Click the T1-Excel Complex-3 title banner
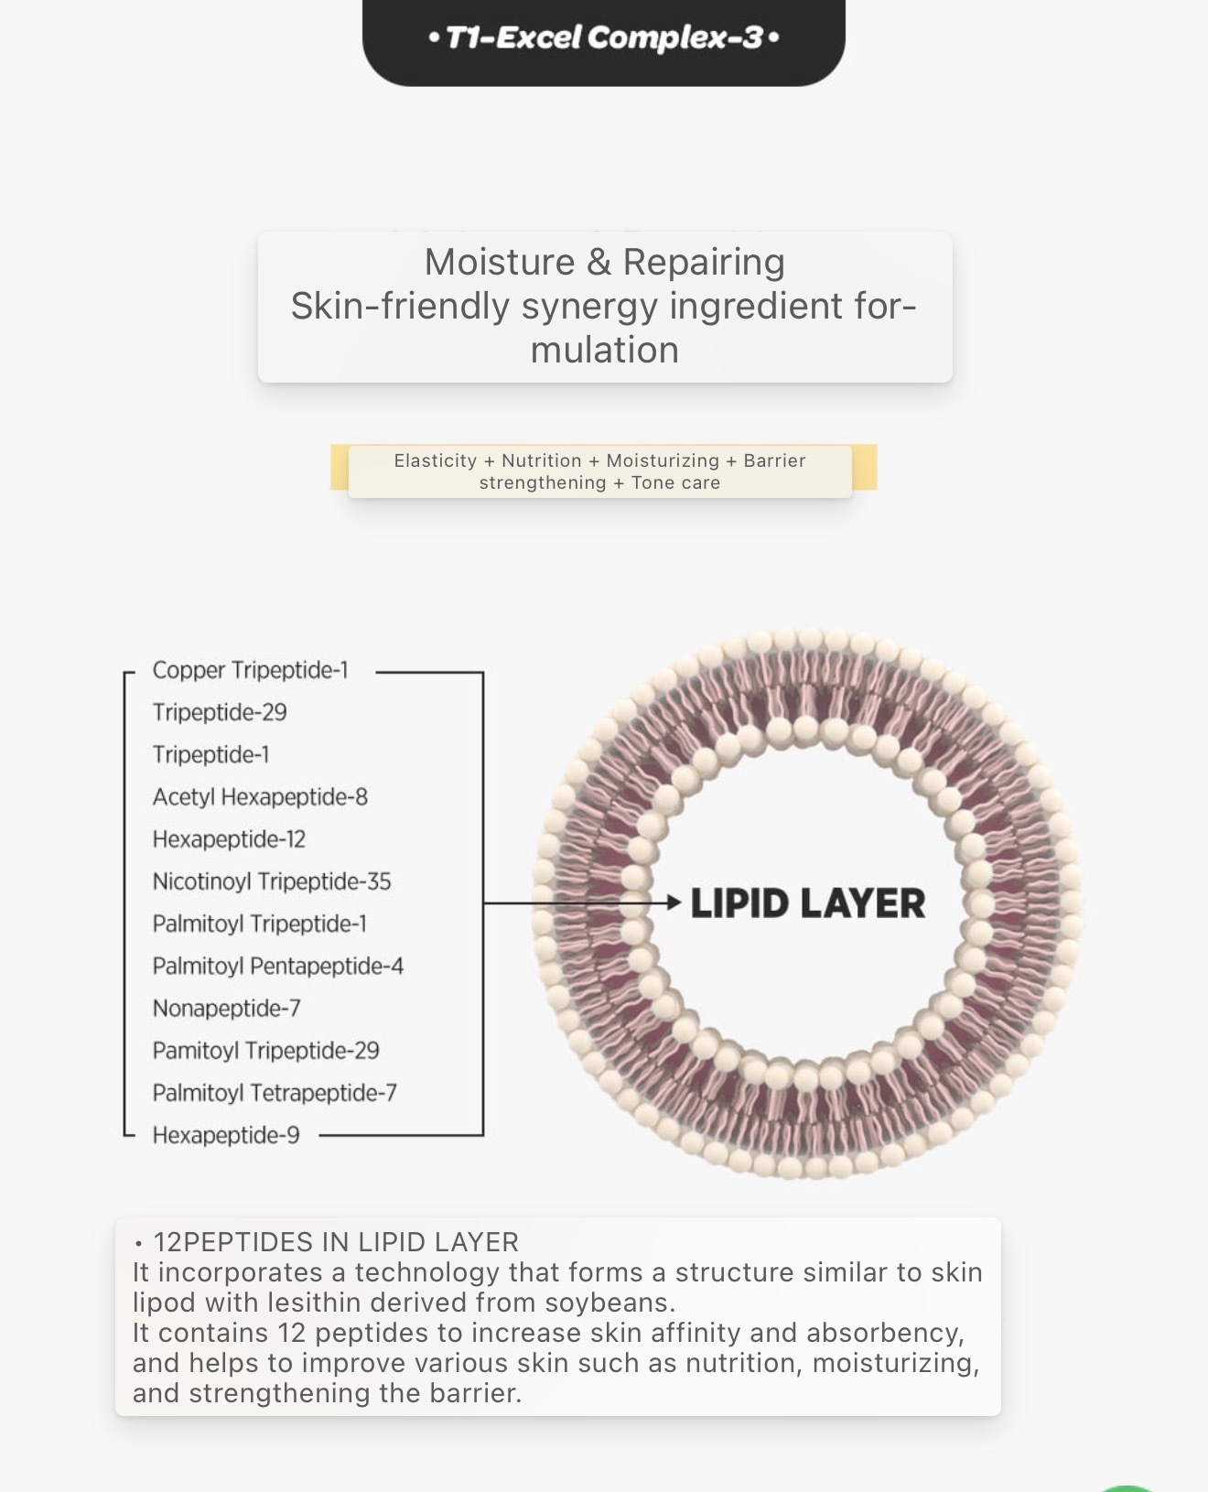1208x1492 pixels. point(604,38)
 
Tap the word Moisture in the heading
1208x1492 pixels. point(499,263)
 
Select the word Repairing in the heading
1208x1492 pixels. point(704,263)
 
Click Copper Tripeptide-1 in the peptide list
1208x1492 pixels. point(250,671)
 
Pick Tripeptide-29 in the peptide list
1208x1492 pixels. point(220,713)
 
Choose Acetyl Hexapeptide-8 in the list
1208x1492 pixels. point(260,797)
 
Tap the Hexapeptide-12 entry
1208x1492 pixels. point(229,839)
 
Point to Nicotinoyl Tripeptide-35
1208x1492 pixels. point(272,881)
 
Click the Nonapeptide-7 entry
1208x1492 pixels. point(226,1009)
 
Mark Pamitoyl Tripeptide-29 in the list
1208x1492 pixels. point(265,1051)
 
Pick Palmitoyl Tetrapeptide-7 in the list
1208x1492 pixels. point(275,1093)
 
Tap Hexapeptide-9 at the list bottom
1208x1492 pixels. point(226,1136)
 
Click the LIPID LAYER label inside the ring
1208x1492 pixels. point(807,904)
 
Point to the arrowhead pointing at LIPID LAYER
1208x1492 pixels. point(674,903)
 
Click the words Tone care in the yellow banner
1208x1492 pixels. point(675,483)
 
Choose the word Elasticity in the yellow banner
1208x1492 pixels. point(436,461)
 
